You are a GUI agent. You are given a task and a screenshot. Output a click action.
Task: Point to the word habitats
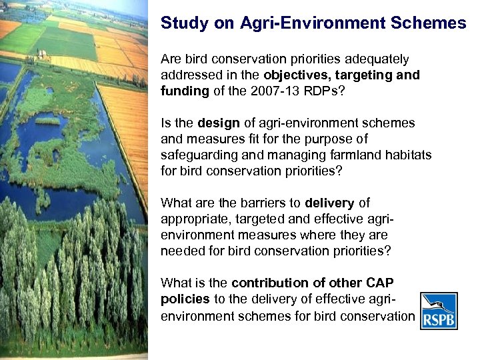[407, 155]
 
